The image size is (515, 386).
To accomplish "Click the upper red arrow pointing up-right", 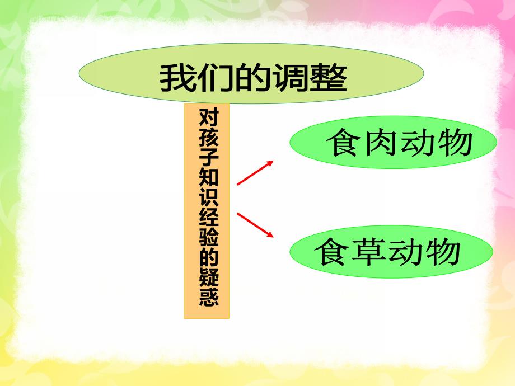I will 255,172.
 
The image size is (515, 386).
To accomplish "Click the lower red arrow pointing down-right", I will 255,225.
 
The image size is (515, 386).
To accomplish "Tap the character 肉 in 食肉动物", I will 381,143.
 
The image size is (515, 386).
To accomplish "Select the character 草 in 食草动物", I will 369,252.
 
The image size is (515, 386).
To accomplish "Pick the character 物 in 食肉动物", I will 456,143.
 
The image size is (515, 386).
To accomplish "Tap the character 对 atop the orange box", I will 207,117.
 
